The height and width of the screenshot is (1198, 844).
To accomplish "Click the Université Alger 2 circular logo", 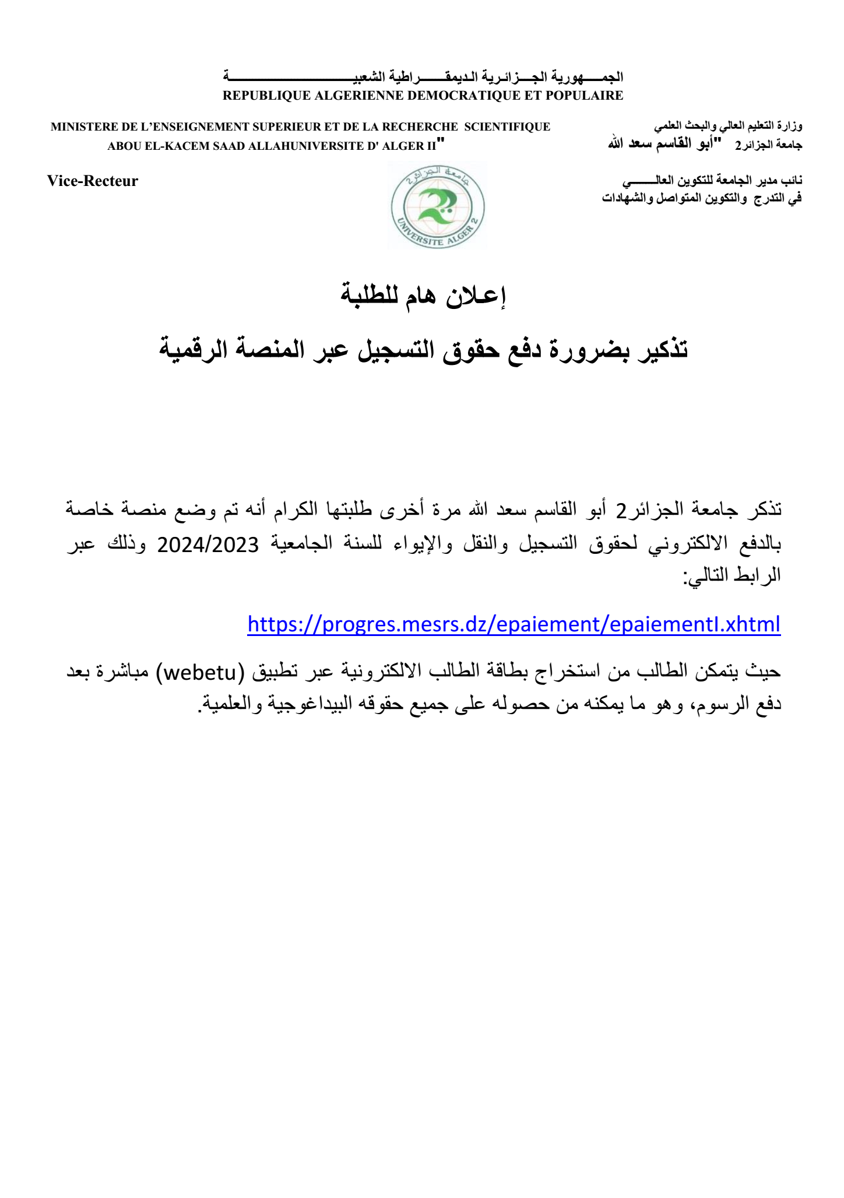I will coord(438,206).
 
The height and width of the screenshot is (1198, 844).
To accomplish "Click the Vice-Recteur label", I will coord(93,181).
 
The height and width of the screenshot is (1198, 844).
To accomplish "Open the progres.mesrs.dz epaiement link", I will coord(514,624).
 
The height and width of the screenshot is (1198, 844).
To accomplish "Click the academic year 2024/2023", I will coord(208,544).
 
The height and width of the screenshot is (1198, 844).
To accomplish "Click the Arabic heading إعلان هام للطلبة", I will coord(423,296).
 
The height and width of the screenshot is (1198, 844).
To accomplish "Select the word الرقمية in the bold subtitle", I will coord(192,349).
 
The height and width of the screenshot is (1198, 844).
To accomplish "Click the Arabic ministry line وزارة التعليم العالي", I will coord(728,126).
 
